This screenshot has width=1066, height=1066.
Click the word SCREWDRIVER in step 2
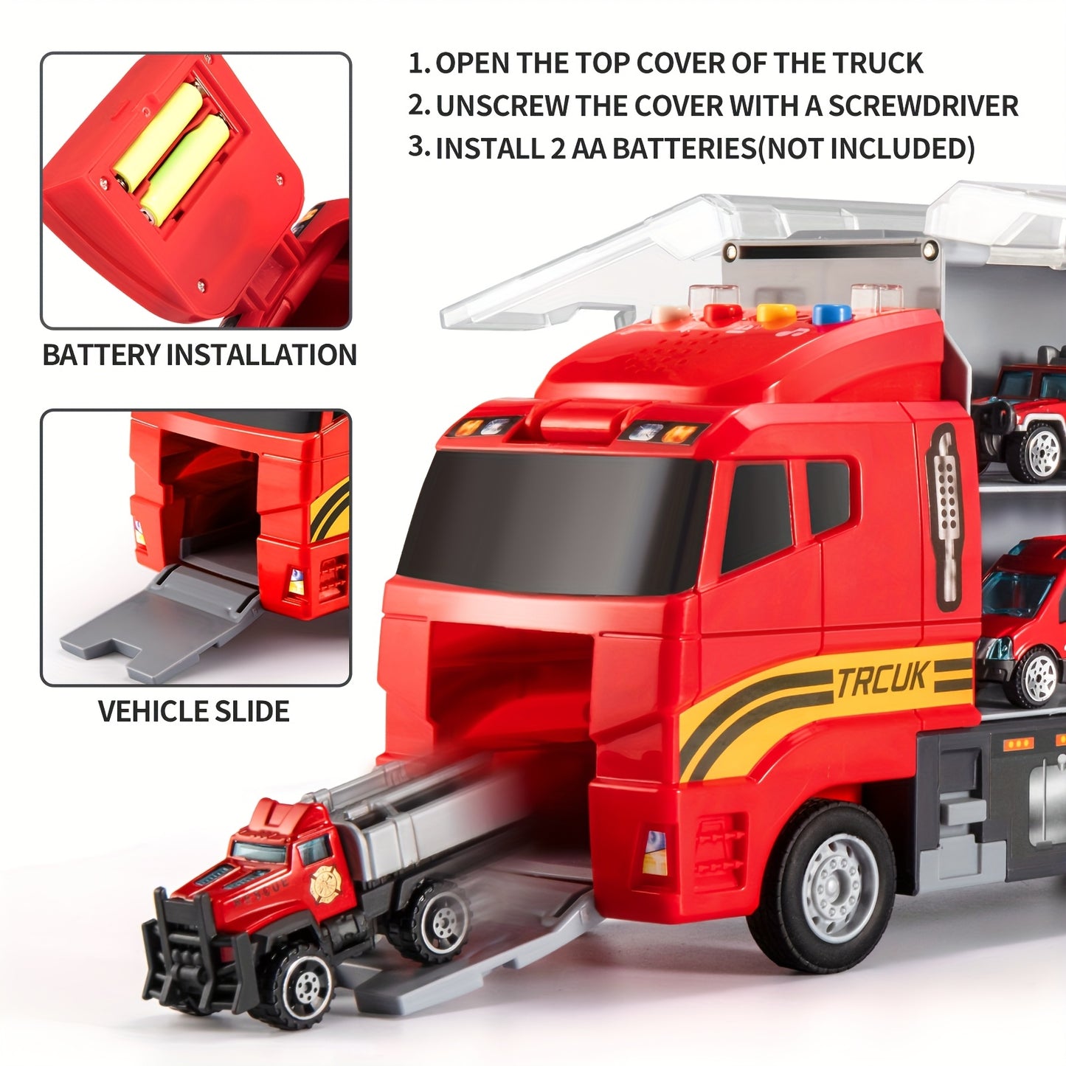pyautogui.click(x=923, y=106)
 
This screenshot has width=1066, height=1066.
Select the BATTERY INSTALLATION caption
pyautogui.click(x=199, y=355)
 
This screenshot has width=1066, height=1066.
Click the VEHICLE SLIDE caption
pyautogui.click(x=193, y=711)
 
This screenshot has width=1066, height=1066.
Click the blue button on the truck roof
pyautogui.click(x=831, y=314)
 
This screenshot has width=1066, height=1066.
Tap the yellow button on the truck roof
pyautogui.click(x=776, y=314)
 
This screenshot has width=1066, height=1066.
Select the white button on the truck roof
pyautogui.click(x=670, y=314)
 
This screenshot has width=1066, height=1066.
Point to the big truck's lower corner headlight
pyautogui.click(x=654, y=852)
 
